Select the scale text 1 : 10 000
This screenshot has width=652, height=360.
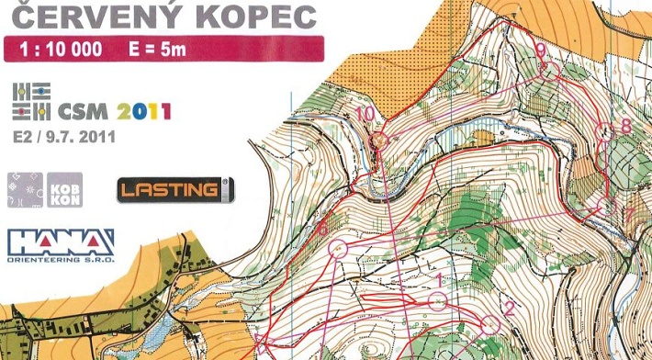pyautogui.click(x=60, y=49)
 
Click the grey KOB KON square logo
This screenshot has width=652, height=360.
pyautogui.click(x=63, y=189)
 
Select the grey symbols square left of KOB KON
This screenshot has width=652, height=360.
pyautogui.click(x=25, y=189)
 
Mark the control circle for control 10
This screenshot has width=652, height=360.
pyautogui.click(x=382, y=141)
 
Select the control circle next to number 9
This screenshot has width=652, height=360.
pyautogui.click(x=550, y=69)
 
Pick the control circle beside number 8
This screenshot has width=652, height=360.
pyautogui.click(x=607, y=131)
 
